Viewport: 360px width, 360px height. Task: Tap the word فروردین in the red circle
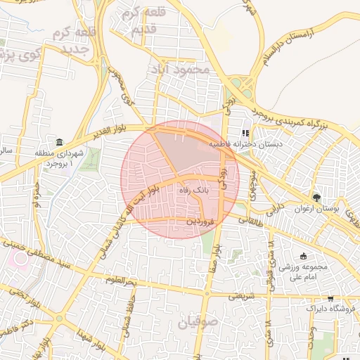tap(199, 221)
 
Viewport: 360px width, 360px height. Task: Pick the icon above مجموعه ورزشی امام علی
tap(303, 256)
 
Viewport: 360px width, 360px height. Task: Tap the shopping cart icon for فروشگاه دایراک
tap(330, 299)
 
